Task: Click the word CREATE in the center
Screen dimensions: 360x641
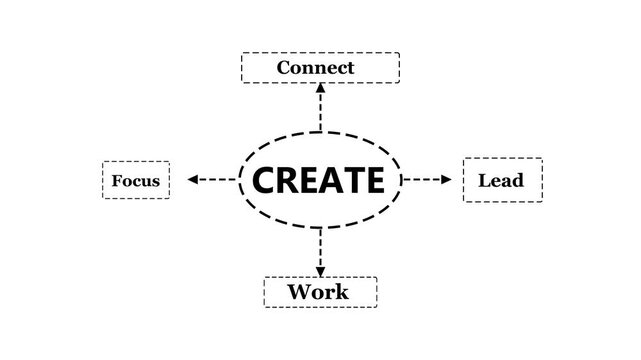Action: pos(319,180)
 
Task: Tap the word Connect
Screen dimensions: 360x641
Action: pos(315,68)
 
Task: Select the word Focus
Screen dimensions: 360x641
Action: pos(135,181)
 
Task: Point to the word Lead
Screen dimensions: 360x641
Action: pos(501,181)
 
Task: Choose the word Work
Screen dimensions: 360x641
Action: pos(318,292)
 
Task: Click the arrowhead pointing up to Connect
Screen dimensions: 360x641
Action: pos(321,89)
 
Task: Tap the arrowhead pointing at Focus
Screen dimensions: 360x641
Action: pos(194,180)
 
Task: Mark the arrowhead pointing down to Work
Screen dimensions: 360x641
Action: pos(321,270)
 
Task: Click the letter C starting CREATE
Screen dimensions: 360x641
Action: pos(264,180)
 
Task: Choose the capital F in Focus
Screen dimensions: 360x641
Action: pos(117,181)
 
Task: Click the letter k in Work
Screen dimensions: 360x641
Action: pos(341,292)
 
